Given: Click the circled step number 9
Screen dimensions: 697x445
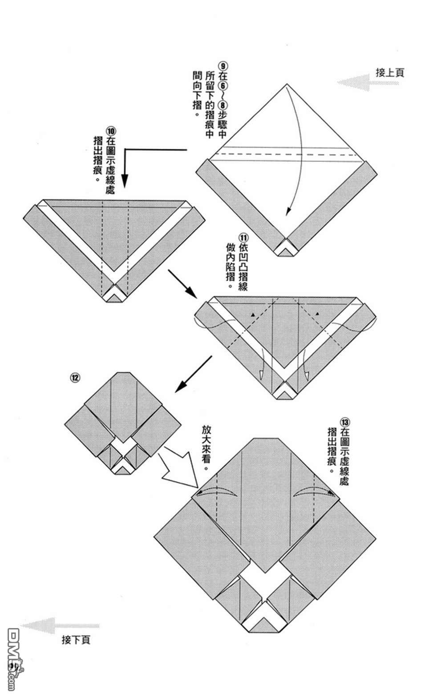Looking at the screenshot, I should click(x=223, y=64).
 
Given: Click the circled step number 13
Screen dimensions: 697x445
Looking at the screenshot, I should click(x=344, y=421).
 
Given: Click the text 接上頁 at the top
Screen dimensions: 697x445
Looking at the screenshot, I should click(x=390, y=73).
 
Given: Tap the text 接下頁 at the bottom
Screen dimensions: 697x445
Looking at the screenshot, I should click(x=76, y=640).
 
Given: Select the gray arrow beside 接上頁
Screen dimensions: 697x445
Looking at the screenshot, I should click(x=353, y=82).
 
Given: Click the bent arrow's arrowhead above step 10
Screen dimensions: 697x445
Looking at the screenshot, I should click(x=125, y=182).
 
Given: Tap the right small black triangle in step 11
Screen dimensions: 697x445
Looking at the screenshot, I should click(x=318, y=314).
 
